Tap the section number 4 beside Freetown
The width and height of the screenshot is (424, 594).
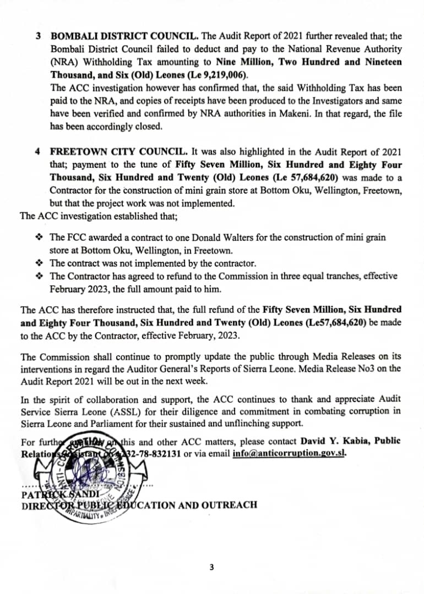pyautogui.click(x=38, y=151)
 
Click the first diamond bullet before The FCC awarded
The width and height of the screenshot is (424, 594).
pyautogui.click(x=39, y=238)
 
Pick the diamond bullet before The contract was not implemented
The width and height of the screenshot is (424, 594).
pyautogui.click(x=39, y=263)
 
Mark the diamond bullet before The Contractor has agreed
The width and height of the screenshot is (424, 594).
pyautogui.click(x=39, y=276)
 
